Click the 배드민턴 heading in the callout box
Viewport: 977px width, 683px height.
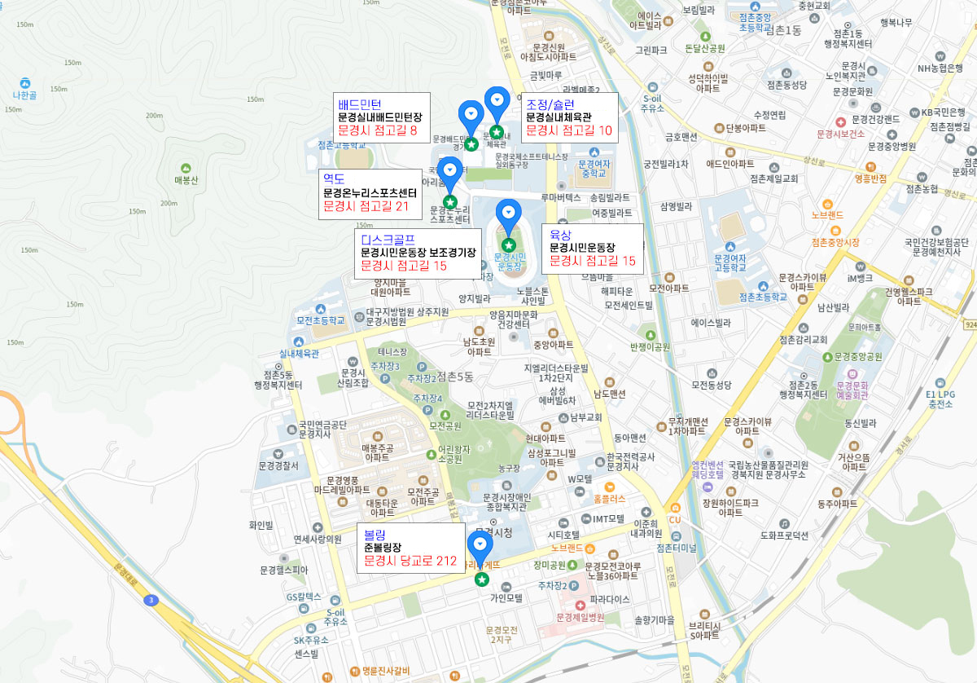359,104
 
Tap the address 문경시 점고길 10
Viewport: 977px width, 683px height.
568,130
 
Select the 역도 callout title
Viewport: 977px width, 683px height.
334,178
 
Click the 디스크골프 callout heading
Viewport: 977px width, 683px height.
388,239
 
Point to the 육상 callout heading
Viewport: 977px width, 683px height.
561,233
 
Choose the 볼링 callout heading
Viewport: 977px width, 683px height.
375,534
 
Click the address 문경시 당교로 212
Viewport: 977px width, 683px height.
410,561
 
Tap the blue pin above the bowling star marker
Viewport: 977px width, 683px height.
480,544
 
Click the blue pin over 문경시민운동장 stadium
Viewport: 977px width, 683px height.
509,213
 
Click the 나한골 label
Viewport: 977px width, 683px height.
25,95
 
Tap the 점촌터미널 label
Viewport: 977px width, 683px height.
677,548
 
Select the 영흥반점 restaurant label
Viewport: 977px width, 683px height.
870,178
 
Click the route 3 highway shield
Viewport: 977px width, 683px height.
150,601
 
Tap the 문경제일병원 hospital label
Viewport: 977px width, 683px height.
581,617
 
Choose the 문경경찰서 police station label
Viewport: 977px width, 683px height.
278,466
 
